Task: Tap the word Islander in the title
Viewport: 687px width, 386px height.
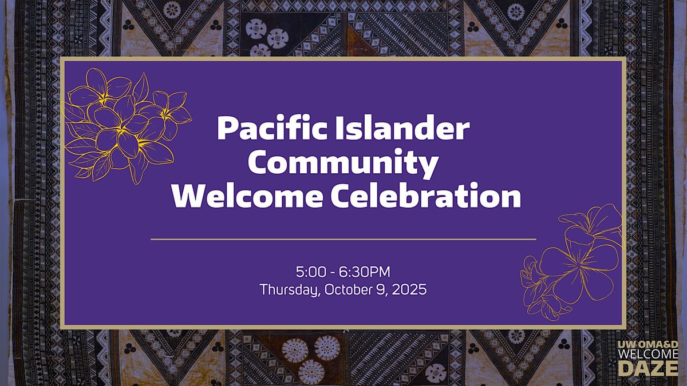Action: pos(402,128)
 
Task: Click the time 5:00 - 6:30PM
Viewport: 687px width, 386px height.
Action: pos(343,272)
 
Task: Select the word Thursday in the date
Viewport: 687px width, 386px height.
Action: pos(290,289)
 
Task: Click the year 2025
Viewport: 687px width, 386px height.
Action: pos(409,289)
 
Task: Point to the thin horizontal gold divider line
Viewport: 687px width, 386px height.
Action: pos(343,239)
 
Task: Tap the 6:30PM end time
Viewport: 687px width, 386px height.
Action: pos(365,272)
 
